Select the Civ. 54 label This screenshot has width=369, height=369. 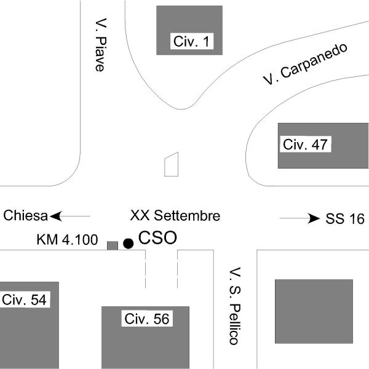coord(24,300)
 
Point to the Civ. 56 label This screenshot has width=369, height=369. coord(147,319)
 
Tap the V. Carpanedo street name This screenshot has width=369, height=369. coord(304,64)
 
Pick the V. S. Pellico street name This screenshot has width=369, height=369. coord(234,306)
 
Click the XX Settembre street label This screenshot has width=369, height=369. coord(175,216)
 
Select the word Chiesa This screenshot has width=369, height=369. coord(26,216)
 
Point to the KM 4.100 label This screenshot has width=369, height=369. coord(66,240)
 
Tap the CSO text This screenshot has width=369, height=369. coord(157,238)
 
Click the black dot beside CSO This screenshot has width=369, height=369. coord(128,244)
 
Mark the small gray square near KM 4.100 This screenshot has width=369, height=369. coord(113,245)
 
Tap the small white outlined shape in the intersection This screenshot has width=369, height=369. coord(171,164)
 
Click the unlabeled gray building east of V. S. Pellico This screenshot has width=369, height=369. coord(314,311)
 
